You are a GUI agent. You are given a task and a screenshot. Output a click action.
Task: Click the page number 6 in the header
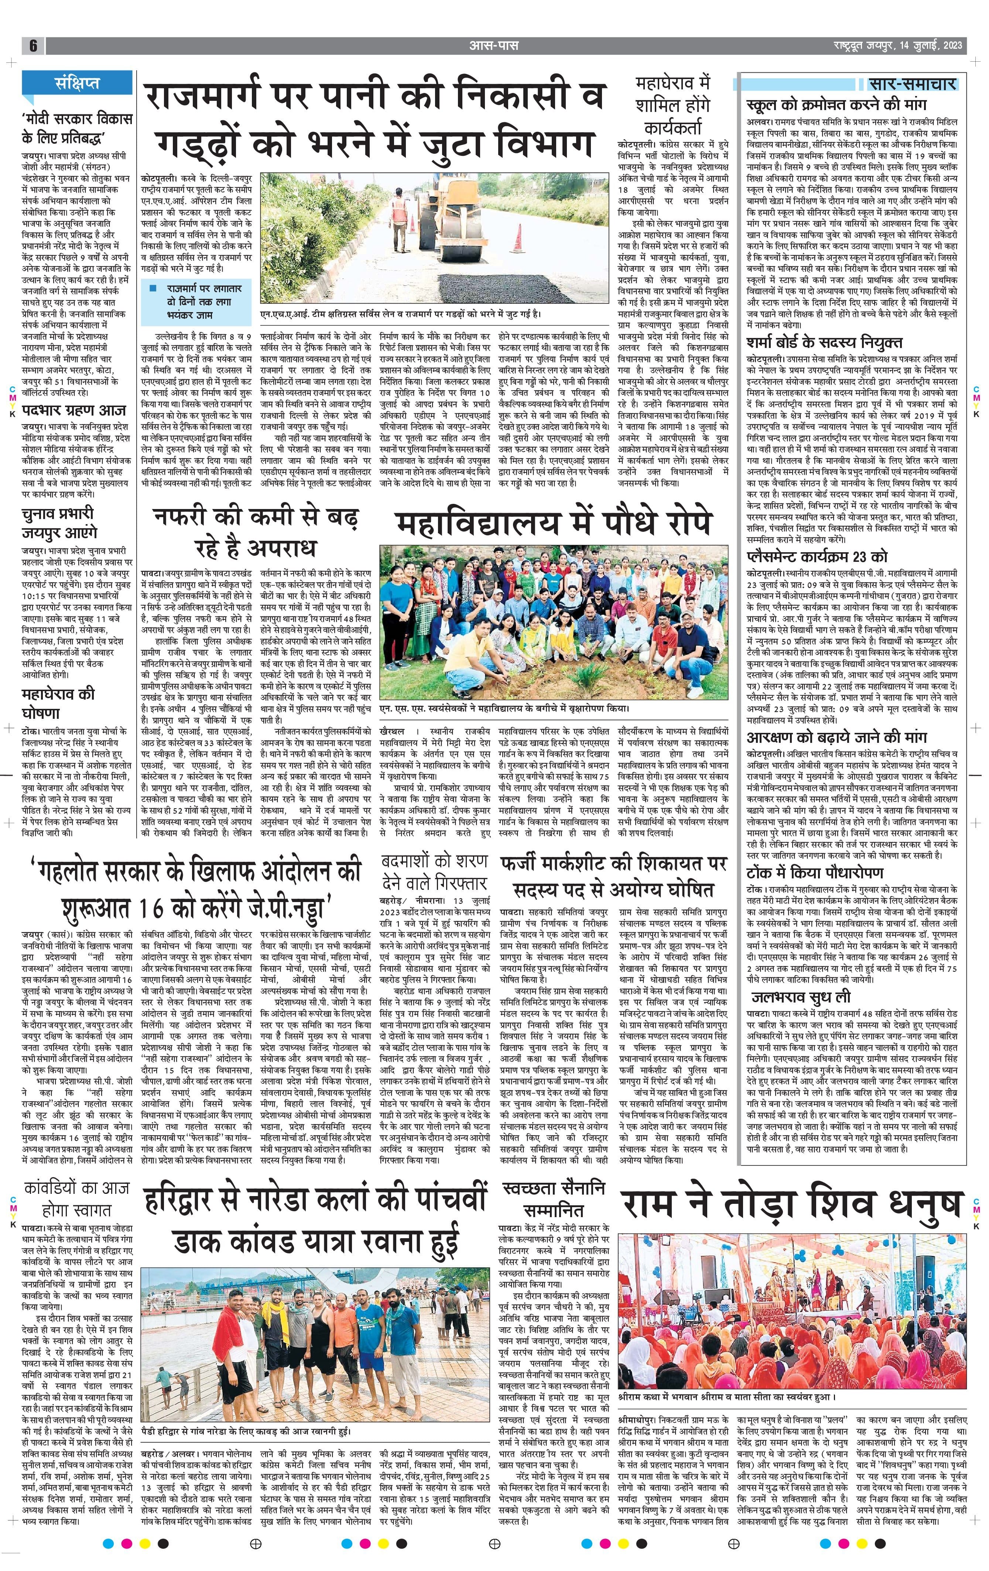coord(32,46)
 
